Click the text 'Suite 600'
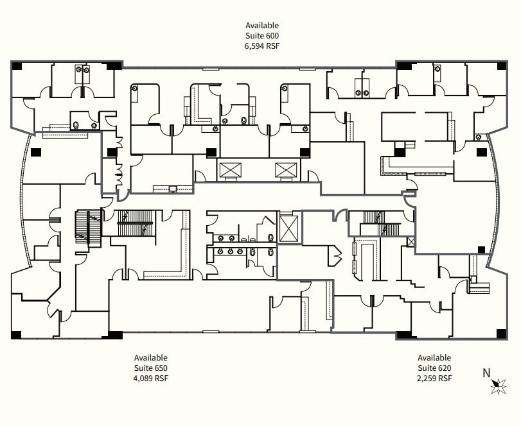tap(261, 36)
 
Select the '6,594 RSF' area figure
tap(261, 46)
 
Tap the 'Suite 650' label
tap(150, 368)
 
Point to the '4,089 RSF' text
tap(150, 378)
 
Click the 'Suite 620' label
tap(434, 368)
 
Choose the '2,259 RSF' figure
tap(434, 378)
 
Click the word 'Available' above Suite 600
tap(261, 26)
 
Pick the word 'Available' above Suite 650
tap(150, 357)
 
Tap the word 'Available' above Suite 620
tap(434, 357)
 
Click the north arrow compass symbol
tap(498, 386)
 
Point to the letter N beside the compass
tap(486, 373)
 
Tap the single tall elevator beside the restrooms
tap(289, 228)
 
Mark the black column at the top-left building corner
tap(17, 66)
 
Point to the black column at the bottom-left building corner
tap(17, 334)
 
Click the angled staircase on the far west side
tap(87, 228)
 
